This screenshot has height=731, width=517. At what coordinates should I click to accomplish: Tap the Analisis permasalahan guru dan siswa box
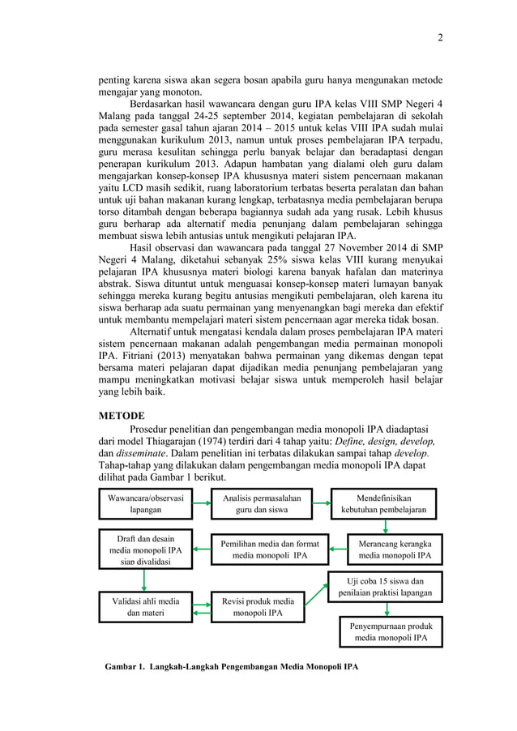click(x=257, y=504)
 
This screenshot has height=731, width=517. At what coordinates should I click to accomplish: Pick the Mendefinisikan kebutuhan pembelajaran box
click(x=387, y=504)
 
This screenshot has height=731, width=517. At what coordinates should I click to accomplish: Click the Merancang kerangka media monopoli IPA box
click(x=395, y=549)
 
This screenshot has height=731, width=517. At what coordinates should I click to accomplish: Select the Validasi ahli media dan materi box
click(x=144, y=608)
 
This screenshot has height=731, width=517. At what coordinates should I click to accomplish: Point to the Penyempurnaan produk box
click(x=391, y=632)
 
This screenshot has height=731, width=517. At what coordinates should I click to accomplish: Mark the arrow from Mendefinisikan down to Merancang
click(x=387, y=526)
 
